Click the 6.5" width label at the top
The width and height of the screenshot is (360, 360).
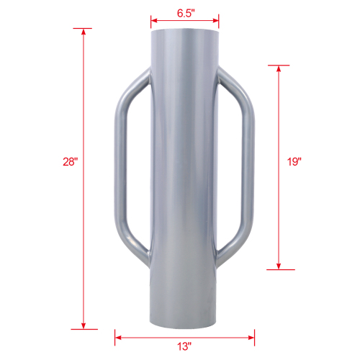(x=184, y=12)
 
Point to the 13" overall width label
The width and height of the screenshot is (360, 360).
(x=184, y=346)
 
